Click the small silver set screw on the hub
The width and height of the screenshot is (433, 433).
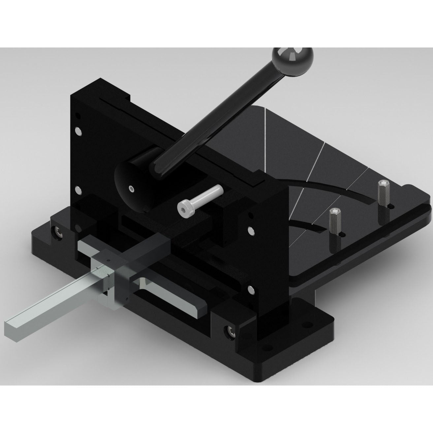[132, 189]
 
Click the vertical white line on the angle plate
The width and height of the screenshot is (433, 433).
[265, 139]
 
